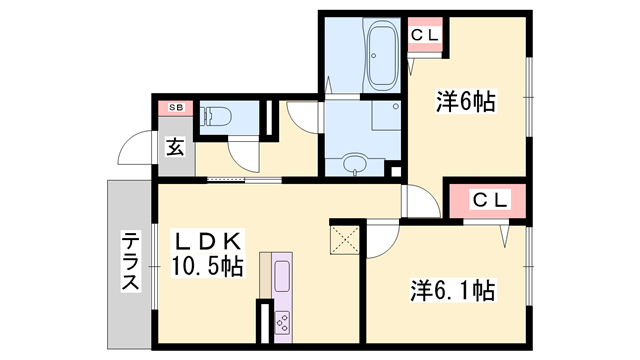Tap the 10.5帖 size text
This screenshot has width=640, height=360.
[207, 267]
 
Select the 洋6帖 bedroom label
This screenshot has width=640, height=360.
[466, 101]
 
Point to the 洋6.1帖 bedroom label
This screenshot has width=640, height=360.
[453, 290]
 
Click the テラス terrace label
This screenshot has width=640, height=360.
[130, 261]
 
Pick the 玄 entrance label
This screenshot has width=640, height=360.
[175, 147]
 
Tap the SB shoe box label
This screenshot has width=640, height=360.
[176, 108]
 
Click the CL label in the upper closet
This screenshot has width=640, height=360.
[425, 36]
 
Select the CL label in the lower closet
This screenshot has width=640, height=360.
[490, 200]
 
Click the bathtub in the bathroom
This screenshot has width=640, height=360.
[382, 55]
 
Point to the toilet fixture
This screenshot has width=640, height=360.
[215, 116]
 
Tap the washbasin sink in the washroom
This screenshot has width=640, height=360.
[355, 164]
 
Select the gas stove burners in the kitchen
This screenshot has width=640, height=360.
[282, 322]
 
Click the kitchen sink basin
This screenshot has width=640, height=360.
[282, 276]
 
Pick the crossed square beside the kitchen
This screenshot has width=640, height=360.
[344, 240]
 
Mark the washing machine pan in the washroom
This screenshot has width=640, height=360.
[386, 116]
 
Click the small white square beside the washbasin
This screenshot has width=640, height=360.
[396, 171]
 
